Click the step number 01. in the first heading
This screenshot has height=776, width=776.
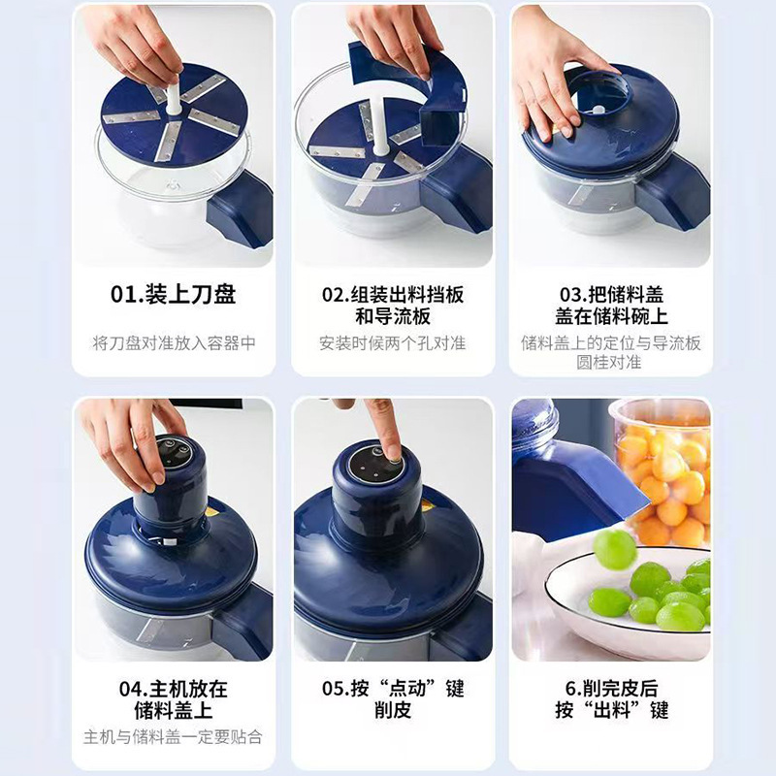[127, 294]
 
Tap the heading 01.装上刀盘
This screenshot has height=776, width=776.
[174, 294]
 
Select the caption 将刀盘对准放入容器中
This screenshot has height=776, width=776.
[174, 343]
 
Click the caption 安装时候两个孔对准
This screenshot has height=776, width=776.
[393, 343]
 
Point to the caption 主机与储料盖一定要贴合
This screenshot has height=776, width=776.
[173, 737]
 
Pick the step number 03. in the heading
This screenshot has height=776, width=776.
[573, 295]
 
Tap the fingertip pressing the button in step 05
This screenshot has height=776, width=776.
[394, 453]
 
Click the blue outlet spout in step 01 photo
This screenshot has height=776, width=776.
[241, 210]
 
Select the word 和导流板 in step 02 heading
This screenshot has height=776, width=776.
[393, 316]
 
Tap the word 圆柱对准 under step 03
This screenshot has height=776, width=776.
[609, 362]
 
